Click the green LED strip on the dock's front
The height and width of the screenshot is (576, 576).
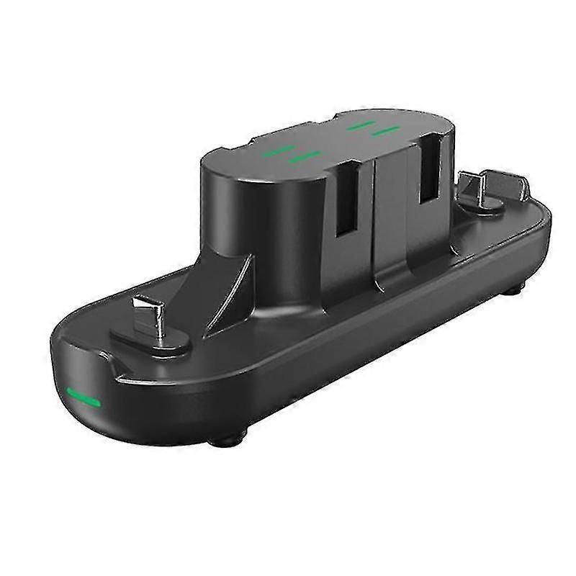(x=83, y=397)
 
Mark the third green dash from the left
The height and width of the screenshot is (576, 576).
(x=359, y=126)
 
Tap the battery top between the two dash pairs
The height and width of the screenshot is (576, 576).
(x=331, y=140)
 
